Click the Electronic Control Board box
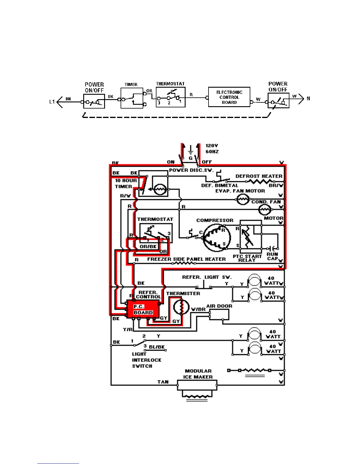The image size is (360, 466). click(229, 97)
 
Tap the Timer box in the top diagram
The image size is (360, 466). click(132, 98)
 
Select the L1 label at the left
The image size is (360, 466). click(52, 102)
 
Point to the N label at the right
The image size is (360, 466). click(308, 99)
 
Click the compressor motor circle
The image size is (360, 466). click(217, 238)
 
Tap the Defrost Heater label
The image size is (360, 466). click(259, 176)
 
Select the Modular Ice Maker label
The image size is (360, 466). click(198, 374)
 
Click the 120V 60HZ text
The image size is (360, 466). click(212, 149)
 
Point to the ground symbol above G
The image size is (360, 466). click(191, 151)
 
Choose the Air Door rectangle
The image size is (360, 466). click(219, 315)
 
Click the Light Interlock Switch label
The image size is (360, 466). click(146, 360)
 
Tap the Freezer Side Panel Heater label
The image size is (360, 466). click(186, 259)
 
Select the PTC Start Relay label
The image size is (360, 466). click(247, 258)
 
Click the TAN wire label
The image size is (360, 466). click(163, 382)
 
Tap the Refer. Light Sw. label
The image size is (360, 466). click(207, 277)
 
